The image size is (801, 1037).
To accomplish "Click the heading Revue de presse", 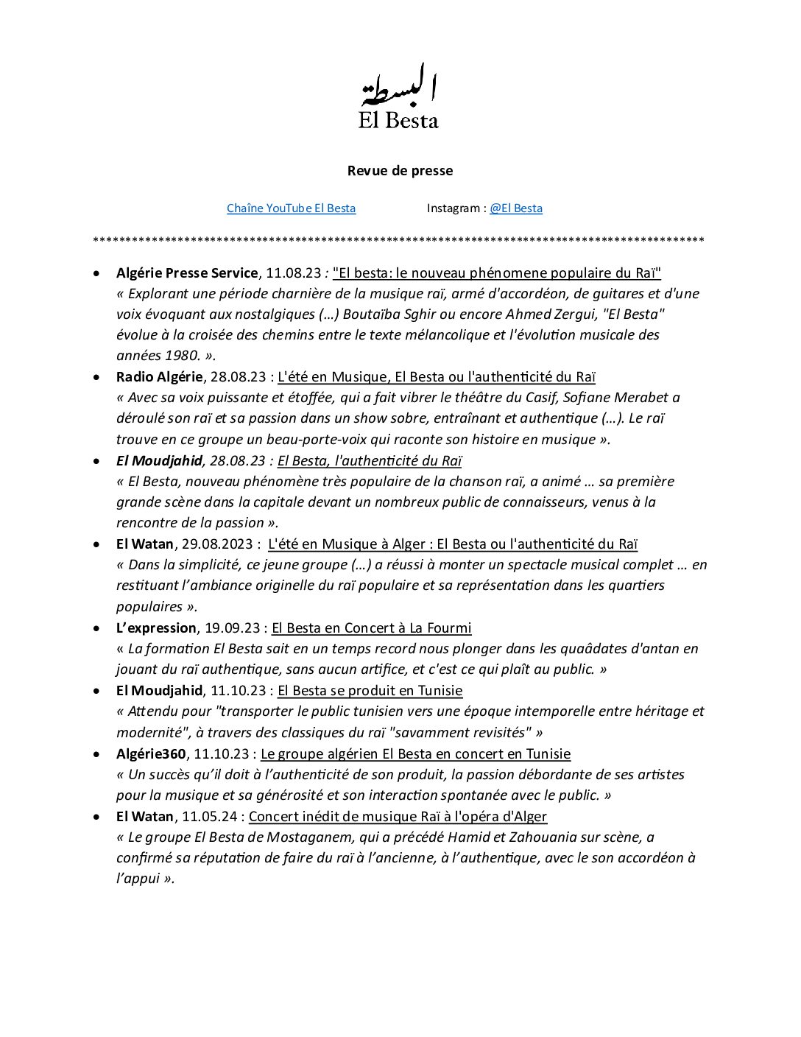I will pos(400,171).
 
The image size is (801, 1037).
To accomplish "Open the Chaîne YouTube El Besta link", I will pos(291,208).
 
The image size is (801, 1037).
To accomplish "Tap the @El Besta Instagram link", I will pos(516,208).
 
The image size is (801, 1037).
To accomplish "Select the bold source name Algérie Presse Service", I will pos(187,273).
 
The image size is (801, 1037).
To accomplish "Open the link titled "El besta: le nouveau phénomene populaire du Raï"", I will pos(496,273).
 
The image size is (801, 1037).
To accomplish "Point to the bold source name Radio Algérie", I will pos(159,377).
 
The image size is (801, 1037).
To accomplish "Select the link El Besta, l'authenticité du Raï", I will pos(369,461).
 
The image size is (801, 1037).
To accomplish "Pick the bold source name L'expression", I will pos(156,628).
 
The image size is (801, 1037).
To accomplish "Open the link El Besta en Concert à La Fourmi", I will pos(371,628).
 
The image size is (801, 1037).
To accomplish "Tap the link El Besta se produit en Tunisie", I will pos(370,691).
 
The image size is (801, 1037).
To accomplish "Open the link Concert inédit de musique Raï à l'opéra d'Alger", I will pos(398,817).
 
